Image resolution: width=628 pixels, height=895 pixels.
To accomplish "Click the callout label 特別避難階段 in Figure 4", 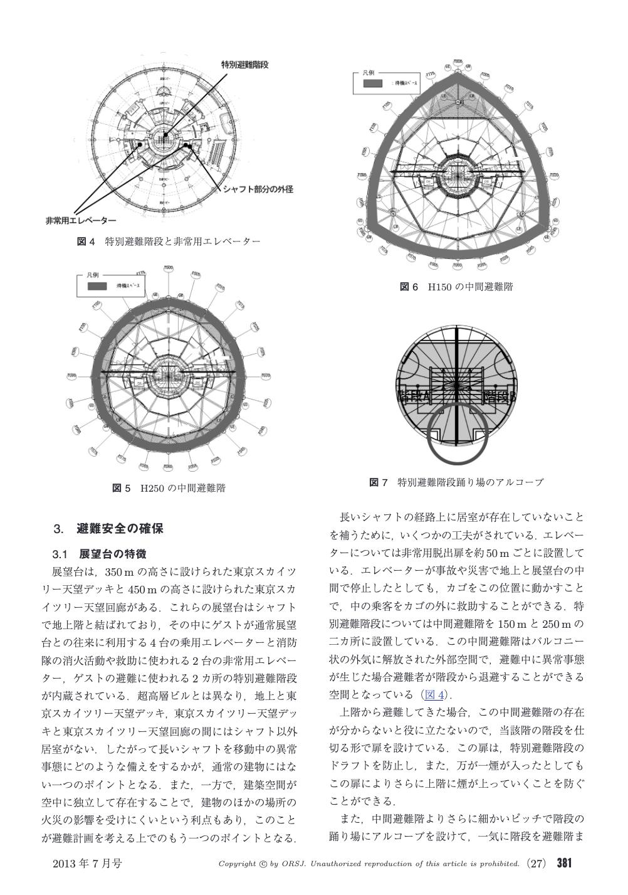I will (244, 65).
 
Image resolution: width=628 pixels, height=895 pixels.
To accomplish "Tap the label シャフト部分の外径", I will (258, 189).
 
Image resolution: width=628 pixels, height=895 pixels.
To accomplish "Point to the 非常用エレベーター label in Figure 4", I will (81, 221).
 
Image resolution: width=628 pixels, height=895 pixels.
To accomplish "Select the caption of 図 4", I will (168, 241).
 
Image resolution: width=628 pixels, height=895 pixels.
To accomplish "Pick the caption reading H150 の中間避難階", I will (456, 287).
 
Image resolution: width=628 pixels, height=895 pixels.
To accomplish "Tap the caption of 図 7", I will (456, 482).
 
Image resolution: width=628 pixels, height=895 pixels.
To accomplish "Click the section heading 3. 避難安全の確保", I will (109, 528).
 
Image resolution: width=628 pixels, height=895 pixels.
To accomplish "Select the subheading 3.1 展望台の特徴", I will (100, 554).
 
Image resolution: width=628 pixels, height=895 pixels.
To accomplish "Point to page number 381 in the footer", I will (564, 864).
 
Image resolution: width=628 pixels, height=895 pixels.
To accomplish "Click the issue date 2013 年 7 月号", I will (87, 864).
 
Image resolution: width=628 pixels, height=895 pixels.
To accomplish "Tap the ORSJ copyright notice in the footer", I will (369, 864).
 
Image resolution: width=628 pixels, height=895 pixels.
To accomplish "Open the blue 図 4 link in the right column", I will (434, 695).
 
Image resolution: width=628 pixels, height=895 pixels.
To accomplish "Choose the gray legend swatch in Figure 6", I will (372, 83).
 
